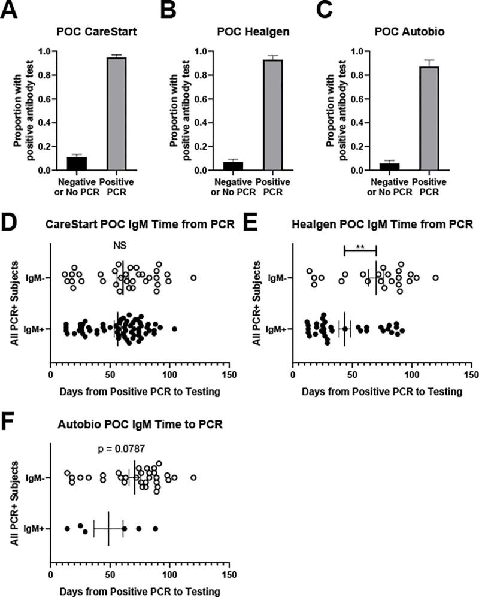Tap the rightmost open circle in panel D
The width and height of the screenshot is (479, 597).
tap(193, 278)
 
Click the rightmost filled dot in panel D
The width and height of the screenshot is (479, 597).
tap(174, 329)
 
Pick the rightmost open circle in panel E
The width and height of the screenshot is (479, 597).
tap(436, 278)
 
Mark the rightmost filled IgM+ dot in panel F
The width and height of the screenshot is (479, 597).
tap(155, 528)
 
